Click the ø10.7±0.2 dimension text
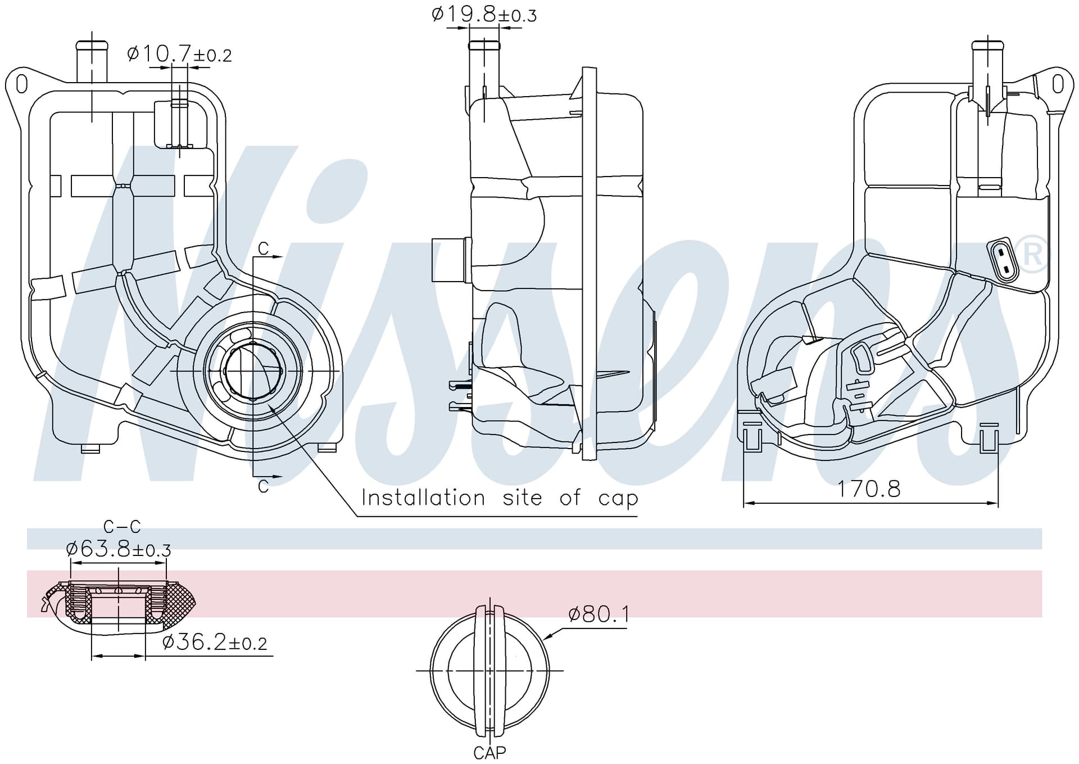coord(179,54)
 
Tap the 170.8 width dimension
coord(869,489)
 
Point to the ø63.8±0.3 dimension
coord(119,548)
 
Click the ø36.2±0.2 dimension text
coord(215,641)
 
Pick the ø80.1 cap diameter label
coord(599,614)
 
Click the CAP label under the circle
coord(489,752)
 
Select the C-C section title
coord(122,527)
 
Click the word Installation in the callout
coord(423,498)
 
